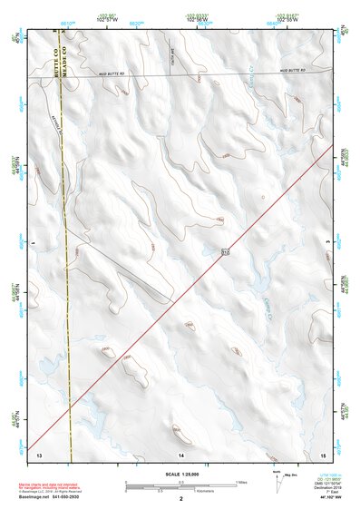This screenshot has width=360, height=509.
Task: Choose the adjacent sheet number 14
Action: pyautogui.click(x=181, y=453)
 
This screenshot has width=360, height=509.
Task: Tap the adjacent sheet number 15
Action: pyautogui.click(x=324, y=453)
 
